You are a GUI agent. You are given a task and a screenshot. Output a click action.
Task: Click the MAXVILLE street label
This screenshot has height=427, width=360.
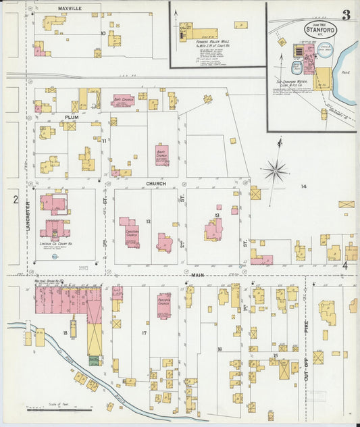pyautogui.click(x=70, y=8)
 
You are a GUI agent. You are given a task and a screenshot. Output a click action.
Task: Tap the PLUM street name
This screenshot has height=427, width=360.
pyautogui.click(x=72, y=118)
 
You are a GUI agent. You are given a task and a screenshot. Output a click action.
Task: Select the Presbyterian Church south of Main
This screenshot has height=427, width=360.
pyautogui.click(x=163, y=305)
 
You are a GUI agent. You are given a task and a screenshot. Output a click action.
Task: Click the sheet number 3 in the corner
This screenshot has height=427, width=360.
pyautogui.click(x=345, y=16)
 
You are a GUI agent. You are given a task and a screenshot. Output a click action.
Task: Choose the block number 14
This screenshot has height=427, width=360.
pyautogui.click(x=304, y=186)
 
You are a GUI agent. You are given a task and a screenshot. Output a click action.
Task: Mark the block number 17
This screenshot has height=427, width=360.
pyautogui.click(x=143, y=334)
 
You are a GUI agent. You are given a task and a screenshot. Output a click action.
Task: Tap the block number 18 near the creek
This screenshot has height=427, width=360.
pyautogui.click(x=66, y=334)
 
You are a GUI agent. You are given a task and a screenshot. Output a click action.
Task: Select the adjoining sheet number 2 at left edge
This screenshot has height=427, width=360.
pyautogui.click(x=15, y=199)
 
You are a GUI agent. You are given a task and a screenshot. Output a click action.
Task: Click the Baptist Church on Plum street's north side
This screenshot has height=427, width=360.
pyautogui.click(x=124, y=101)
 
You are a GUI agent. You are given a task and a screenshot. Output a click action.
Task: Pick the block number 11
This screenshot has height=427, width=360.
pyautogui.click(x=105, y=141)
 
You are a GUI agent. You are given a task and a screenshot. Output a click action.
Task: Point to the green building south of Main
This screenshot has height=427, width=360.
pyautogui.click(x=95, y=361)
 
